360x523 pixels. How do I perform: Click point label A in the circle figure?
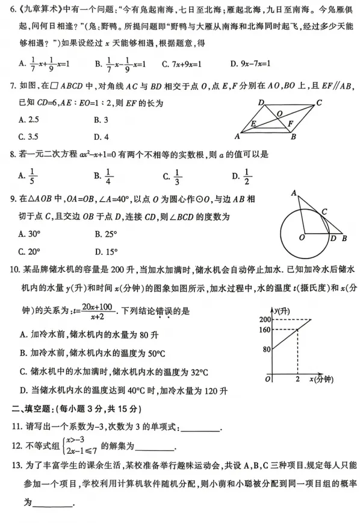[x=293, y=193]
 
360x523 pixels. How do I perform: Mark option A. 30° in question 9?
[x=29, y=234]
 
